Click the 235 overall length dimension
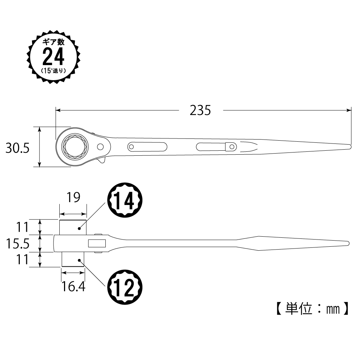pyautogui.click(x=200, y=110)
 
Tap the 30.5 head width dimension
pyautogui.click(x=18, y=148)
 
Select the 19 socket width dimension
pyautogui.click(x=73, y=197)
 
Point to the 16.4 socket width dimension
pyautogui.click(x=73, y=287)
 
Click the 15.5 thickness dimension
pyautogui.click(x=18, y=243)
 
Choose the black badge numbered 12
pyautogui.click(x=125, y=287)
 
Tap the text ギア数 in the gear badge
pyautogui.click(x=54, y=42)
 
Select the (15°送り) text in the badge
pyautogui.click(x=54, y=71)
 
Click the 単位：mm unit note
pyautogui.click(x=312, y=309)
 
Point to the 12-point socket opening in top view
pyautogui.click(x=76, y=146)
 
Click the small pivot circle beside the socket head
pyautogui.click(x=100, y=146)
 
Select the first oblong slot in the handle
pyautogui.click(x=147, y=147)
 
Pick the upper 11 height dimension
pyautogui.click(x=22, y=227)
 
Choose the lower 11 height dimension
pyautogui.click(x=22, y=260)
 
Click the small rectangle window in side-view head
pyautogui.click(x=97, y=243)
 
